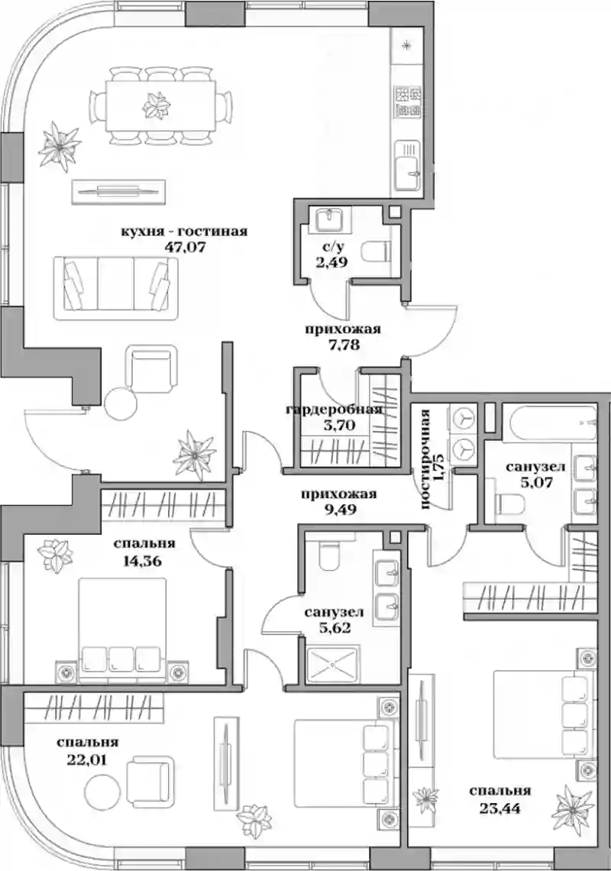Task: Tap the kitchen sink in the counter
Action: tap(409, 166)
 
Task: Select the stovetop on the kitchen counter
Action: tap(409, 102)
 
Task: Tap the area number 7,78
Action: tap(343, 345)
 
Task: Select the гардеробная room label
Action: tap(334, 410)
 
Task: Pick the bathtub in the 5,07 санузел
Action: tap(550, 426)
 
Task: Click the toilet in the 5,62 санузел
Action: tap(329, 556)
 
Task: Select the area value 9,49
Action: tap(338, 509)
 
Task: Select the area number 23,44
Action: tap(500, 808)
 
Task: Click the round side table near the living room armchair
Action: tap(121, 403)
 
